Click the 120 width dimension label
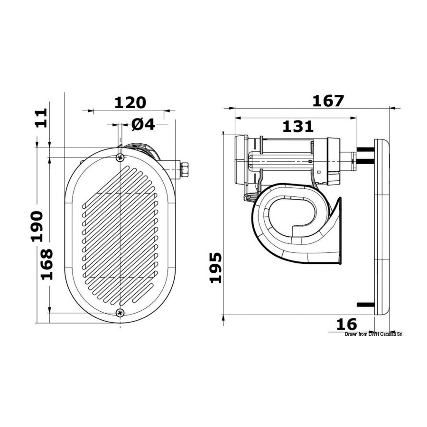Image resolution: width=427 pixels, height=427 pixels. (130, 102)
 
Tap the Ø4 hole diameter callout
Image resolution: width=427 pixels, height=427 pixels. (143, 124)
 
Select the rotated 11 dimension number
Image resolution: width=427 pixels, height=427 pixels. (41, 118)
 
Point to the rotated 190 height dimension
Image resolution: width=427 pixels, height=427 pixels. (37, 226)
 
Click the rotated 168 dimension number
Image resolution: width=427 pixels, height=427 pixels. (47, 264)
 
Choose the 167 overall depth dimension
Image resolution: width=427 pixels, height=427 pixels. (328, 101)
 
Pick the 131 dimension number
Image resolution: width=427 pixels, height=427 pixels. (298, 127)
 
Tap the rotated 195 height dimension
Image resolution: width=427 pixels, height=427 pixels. (216, 268)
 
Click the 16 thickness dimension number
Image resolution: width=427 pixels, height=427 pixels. (346, 325)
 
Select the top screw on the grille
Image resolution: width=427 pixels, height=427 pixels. (120, 157)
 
